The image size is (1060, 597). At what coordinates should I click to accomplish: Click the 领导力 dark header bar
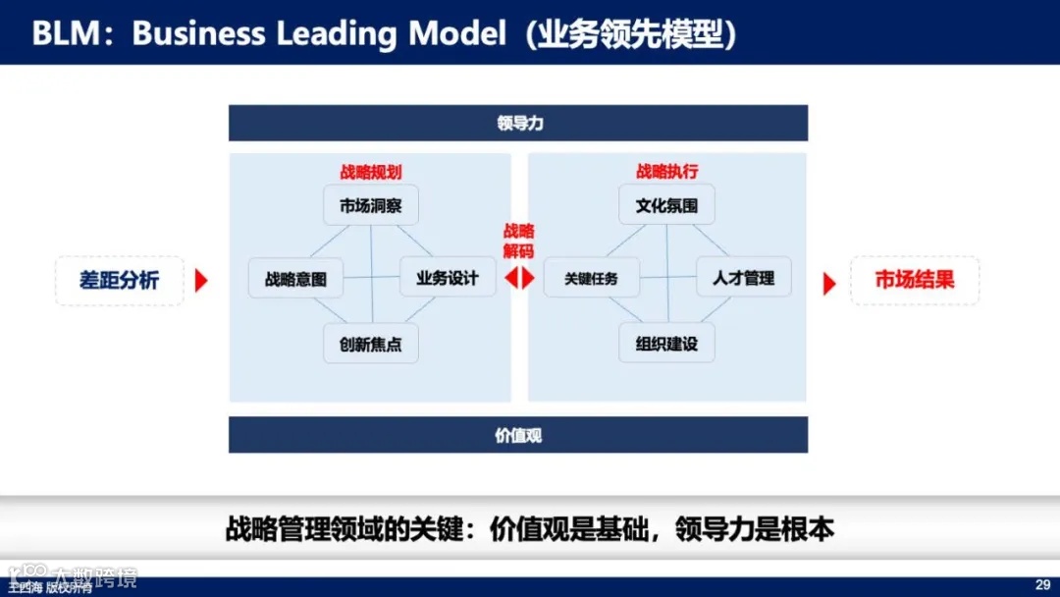coord(518,124)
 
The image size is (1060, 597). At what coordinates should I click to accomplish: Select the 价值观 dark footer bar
coord(518,435)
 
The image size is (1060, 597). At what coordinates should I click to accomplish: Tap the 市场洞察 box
coord(371,205)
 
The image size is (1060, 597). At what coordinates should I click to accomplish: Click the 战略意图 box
coord(295,279)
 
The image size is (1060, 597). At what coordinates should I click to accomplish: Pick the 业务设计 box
coord(448,278)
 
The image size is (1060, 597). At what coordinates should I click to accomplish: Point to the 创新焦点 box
coord(371,344)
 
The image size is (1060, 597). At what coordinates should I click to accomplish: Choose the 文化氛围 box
coord(666,205)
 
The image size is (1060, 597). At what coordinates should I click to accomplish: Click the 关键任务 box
coord(592,279)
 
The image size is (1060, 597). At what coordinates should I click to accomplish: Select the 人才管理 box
coord(744,278)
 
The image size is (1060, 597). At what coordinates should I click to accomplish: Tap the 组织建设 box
coord(666,344)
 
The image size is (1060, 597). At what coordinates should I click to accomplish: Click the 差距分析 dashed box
coord(119,280)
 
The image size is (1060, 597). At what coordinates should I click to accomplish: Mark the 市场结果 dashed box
coord(915,280)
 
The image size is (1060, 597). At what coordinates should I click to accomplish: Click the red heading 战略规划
coord(371,172)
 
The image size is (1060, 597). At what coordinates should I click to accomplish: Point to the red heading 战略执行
coord(667,172)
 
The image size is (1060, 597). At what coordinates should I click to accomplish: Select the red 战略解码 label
coord(519,241)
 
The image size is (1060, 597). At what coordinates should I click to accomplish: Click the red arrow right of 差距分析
coord(201,281)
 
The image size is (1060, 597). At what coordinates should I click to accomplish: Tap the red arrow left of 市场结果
coord(829,284)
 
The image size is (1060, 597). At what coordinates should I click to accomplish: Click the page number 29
coord(1042,583)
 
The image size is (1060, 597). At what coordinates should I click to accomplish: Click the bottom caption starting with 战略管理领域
coord(530,530)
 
